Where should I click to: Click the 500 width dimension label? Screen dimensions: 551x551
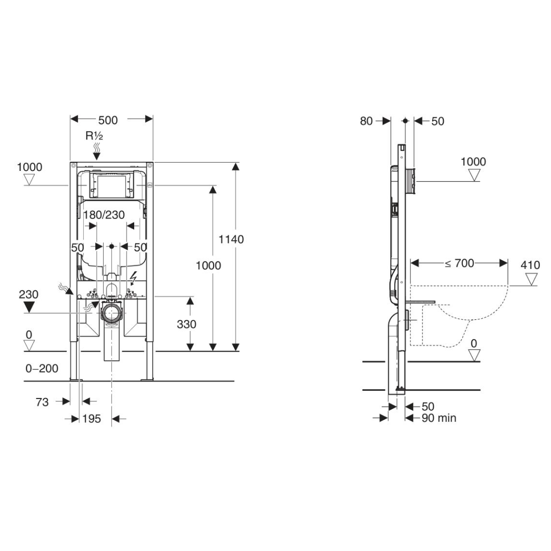[x=108, y=120]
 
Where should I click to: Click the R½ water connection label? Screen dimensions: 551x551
[x=94, y=136]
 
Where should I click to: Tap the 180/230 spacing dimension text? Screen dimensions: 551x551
[x=104, y=215]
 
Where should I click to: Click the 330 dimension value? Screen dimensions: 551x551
[x=186, y=324]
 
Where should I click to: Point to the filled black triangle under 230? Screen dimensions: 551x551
[x=29, y=307]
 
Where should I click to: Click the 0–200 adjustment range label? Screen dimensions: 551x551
[x=42, y=368]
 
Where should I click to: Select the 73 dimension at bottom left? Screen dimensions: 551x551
[x=42, y=402]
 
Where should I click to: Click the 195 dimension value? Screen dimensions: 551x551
[x=92, y=419]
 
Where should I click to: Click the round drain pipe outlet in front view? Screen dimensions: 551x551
[x=112, y=312]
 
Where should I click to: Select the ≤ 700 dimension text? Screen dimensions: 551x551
[x=459, y=263]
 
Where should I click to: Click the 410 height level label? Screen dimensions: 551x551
[x=530, y=265]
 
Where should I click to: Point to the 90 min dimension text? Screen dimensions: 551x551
[x=438, y=418]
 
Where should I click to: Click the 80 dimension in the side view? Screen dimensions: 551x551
[x=366, y=121]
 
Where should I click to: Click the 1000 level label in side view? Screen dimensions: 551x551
[x=473, y=162]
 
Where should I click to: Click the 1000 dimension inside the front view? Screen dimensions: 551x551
[x=208, y=265]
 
